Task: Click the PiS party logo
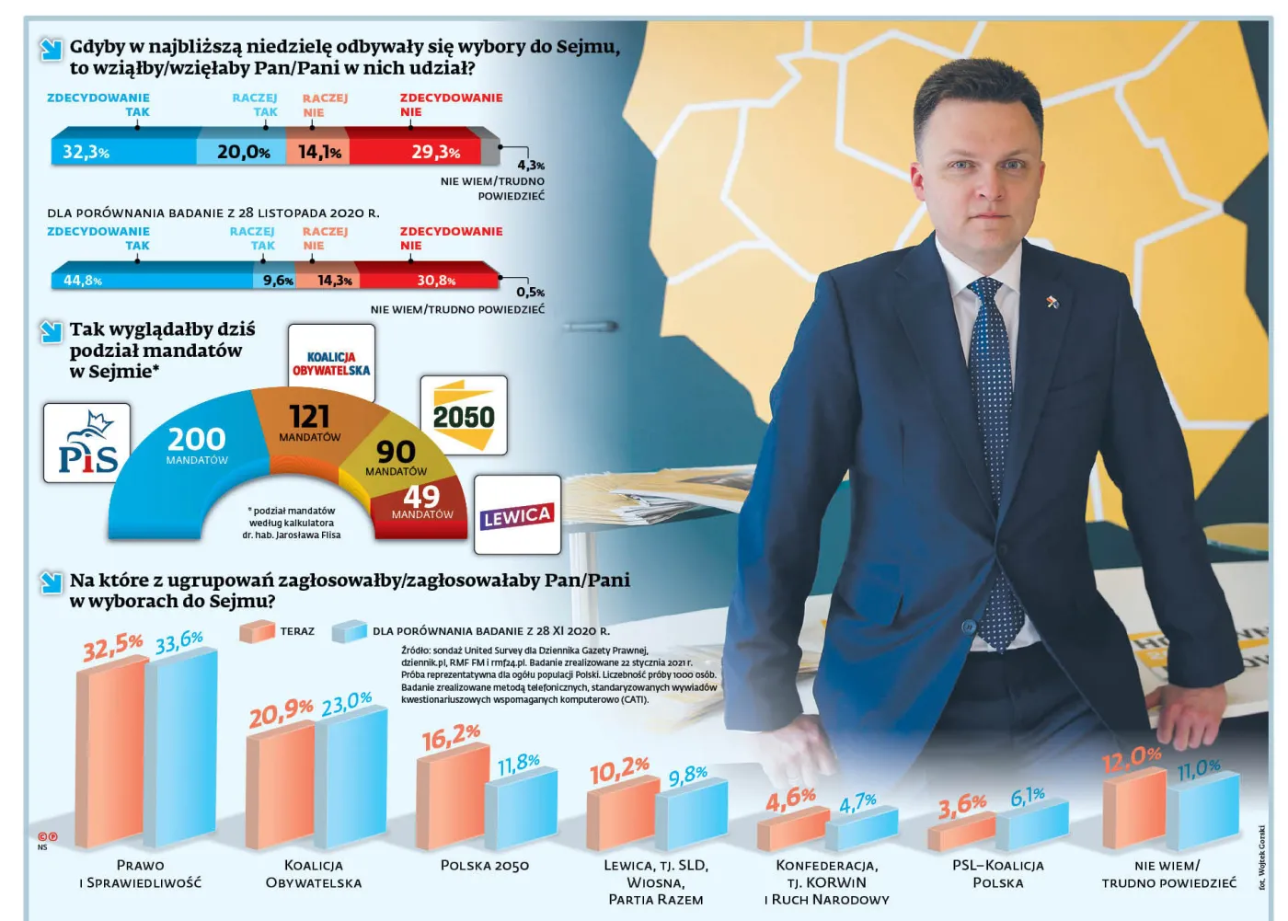pos(87,443)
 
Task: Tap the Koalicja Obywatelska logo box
pos(331,363)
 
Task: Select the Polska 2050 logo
pos(464,416)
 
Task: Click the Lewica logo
pos(517,515)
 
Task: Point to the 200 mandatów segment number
pos(197,439)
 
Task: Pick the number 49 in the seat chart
pos(421,496)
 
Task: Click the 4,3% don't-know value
pos(531,166)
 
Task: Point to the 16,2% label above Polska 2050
pos(451,738)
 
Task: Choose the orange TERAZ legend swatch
pos(257,631)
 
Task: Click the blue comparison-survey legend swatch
pos(350,631)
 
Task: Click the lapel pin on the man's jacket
pos(1052,302)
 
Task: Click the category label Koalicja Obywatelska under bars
pos(314,874)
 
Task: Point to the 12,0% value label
pos(1132,759)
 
